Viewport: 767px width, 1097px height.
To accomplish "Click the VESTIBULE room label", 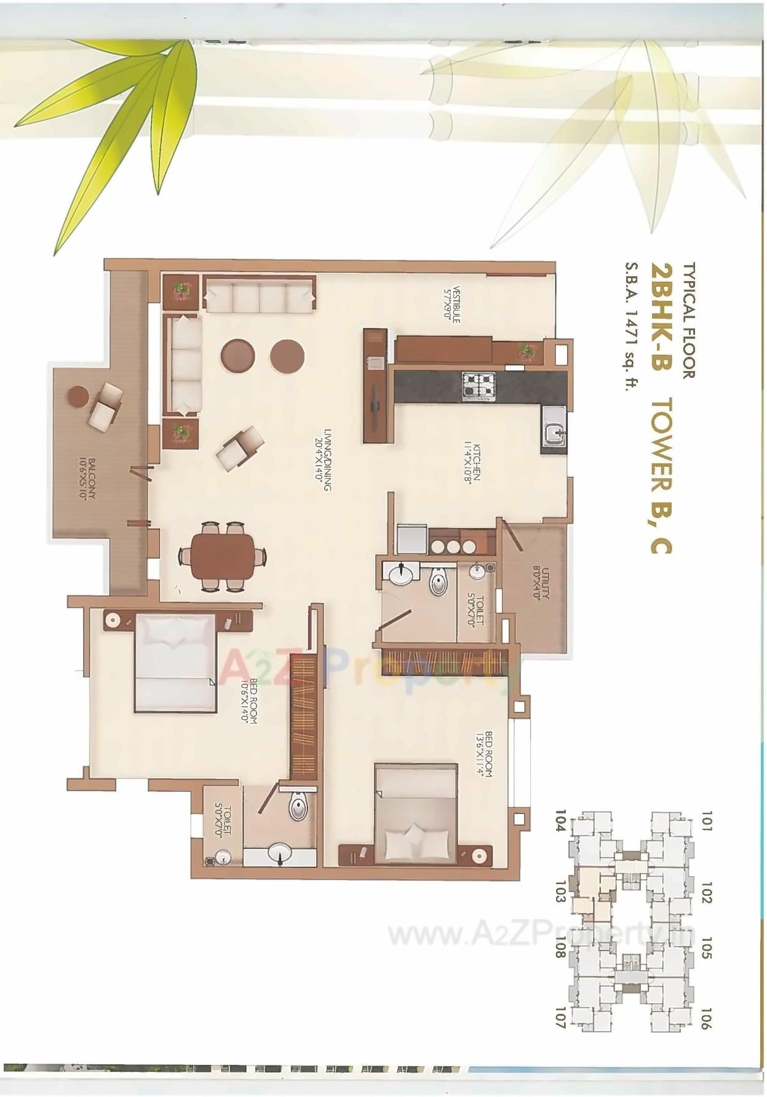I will (456, 303).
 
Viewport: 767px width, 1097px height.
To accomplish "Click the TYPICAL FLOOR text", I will (688, 321).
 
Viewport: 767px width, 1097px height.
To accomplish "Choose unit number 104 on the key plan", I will (559, 821).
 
